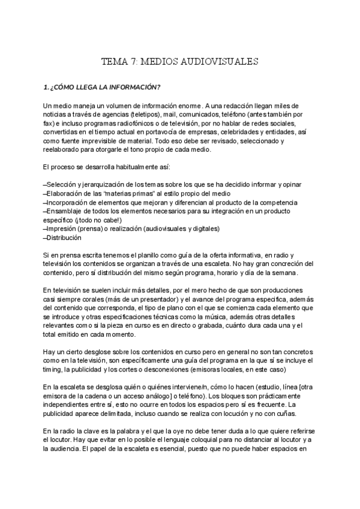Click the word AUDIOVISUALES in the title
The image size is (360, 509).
tap(222, 61)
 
